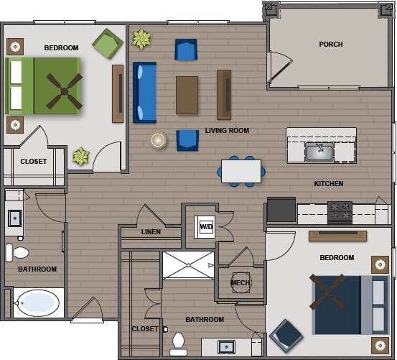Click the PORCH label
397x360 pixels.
[x=330, y=45]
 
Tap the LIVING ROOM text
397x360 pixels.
[x=227, y=131]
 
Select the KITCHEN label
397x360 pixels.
[x=329, y=184]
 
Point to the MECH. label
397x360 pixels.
[x=240, y=283]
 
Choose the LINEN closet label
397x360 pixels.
[x=151, y=232]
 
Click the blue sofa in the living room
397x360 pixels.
[x=144, y=92]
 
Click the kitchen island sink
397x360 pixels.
[x=319, y=152]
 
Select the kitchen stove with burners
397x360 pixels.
[x=340, y=211]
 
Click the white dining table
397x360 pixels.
[x=241, y=171]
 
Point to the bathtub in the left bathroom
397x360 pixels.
[x=37, y=303]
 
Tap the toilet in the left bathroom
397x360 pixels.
[x=17, y=252]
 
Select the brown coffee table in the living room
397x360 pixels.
[x=187, y=95]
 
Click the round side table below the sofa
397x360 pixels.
[x=159, y=141]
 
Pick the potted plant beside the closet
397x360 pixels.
[x=80, y=155]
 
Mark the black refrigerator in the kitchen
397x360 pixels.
[x=281, y=211]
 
